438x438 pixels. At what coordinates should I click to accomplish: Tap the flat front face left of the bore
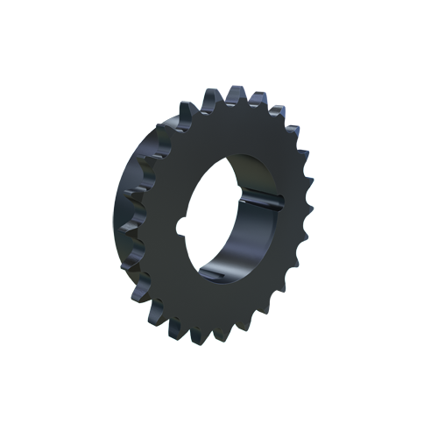click(162, 219)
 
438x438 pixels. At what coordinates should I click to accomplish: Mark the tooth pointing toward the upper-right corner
click(289, 123)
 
